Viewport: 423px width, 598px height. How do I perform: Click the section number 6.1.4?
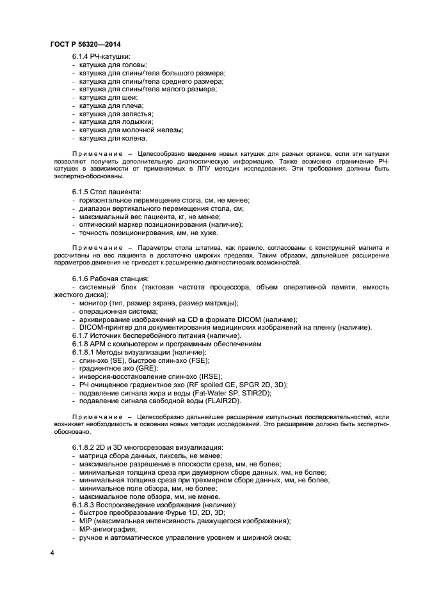(x=83, y=56)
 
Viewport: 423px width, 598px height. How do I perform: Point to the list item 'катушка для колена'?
(x=113, y=138)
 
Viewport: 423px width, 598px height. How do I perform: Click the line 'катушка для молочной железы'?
(x=131, y=130)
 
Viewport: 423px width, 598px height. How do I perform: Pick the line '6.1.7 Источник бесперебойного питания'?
(x=156, y=336)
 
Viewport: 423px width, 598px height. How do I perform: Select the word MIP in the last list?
(x=86, y=521)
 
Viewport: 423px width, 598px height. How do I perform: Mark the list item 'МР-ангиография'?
(x=108, y=529)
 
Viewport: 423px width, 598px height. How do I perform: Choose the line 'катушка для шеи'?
(x=108, y=97)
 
